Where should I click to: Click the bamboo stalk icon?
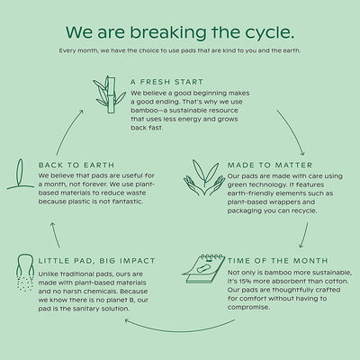(109, 94)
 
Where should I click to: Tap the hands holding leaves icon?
(204, 177)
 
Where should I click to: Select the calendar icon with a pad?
(203, 268)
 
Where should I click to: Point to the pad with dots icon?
(25, 273)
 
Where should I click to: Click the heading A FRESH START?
(167, 82)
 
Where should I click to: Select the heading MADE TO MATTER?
(270, 165)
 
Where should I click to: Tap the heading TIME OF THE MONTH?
(278, 261)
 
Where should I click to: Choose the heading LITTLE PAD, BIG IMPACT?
(96, 261)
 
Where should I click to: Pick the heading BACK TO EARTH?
(76, 165)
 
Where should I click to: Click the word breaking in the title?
(168, 32)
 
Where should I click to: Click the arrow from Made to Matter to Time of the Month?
(304, 236)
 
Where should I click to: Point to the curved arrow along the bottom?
(180, 330)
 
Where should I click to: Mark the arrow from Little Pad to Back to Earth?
(55, 235)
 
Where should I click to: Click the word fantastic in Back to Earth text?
(127, 202)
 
